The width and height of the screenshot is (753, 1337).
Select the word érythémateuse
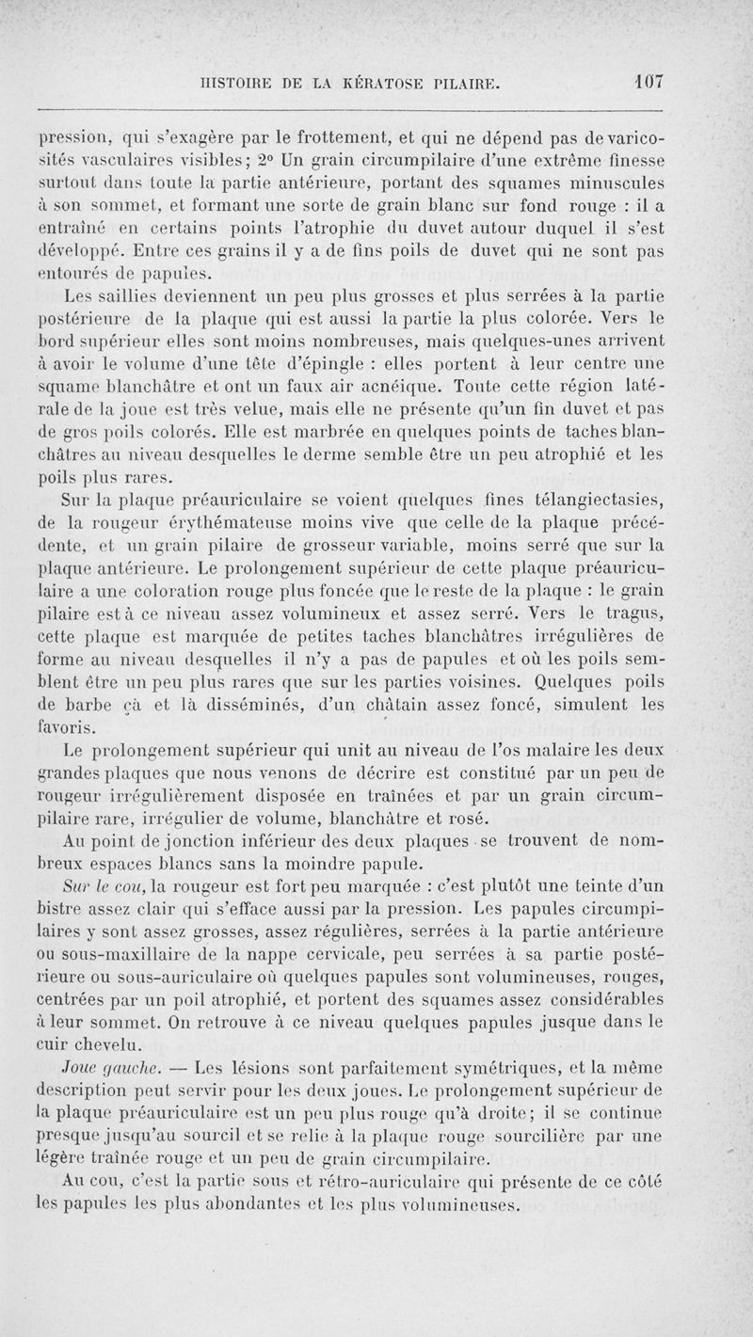tap(201, 524)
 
